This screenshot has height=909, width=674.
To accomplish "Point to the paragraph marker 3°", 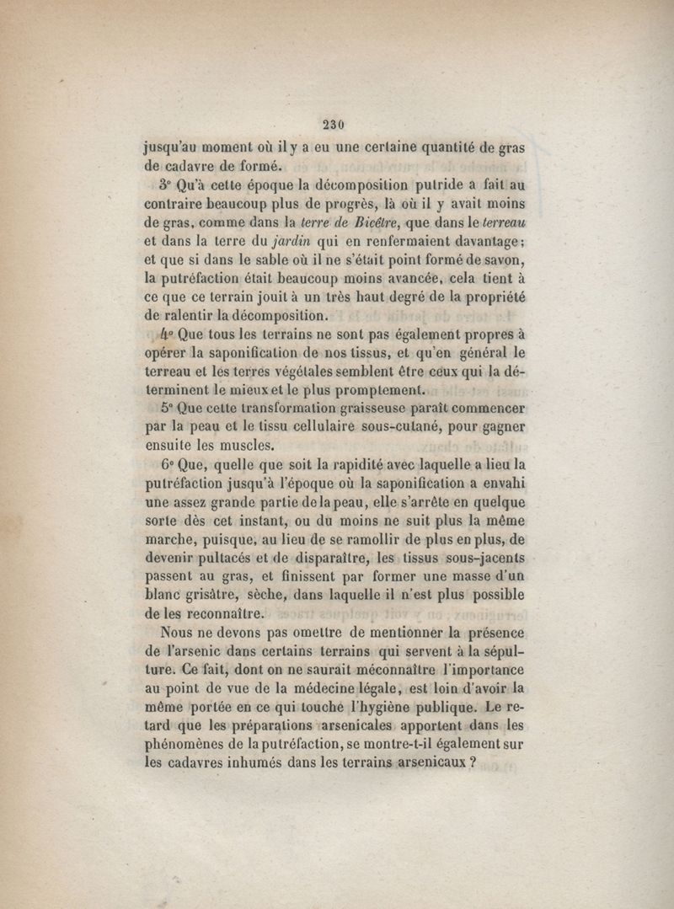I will (164, 185).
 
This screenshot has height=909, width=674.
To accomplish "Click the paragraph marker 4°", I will (164, 334).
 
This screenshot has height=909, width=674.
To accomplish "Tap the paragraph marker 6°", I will (167, 464).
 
